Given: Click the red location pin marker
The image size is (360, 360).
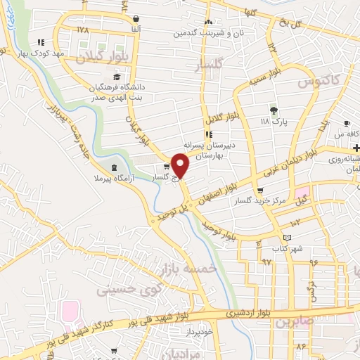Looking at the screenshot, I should pyautogui.click(x=181, y=167).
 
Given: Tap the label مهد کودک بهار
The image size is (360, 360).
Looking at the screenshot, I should pyautogui.click(x=62, y=53).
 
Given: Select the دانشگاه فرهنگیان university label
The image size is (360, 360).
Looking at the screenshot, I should pyautogui.click(x=116, y=87).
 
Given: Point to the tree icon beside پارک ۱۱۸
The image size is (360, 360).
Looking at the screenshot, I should pyautogui.click(x=274, y=110).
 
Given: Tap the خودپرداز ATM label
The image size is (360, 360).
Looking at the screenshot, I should pyautogui.click(x=199, y=330).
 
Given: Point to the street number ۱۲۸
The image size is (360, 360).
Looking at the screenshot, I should pyautogui.click(x=83, y=30).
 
